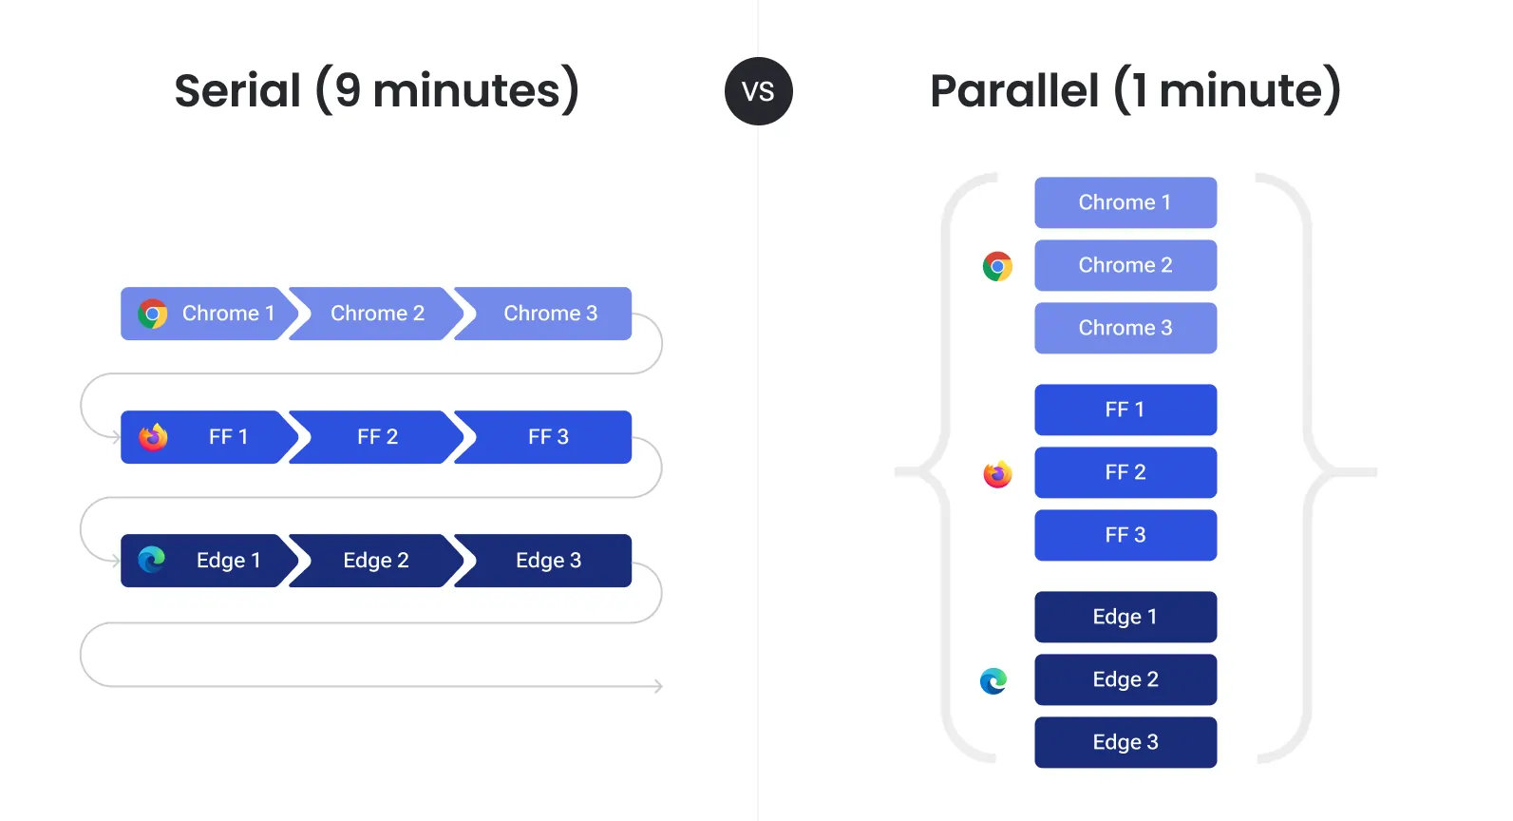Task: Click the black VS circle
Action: pyautogui.click(x=758, y=91)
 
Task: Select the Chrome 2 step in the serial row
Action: pyautogui.click(x=376, y=314)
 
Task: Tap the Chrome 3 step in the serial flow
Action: pyautogui.click(x=550, y=314)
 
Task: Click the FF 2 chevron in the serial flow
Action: pyautogui.click(x=376, y=437)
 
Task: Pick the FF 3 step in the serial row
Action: pyautogui.click(x=548, y=437)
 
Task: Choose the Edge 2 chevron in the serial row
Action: pyautogui.click(x=376, y=561)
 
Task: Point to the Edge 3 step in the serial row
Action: pyautogui.click(x=548, y=561)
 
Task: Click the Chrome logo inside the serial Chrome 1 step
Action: pyautogui.click(x=152, y=314)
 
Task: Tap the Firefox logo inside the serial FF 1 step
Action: pyautogui.click(x=153, y=437)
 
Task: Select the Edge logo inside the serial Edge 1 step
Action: pyautogui.click(x=152, y=560)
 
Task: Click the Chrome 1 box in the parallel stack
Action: pyautogui.click(x=1125, y=202)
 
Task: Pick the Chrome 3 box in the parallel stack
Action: pyautogui.click(x=1125, y=328)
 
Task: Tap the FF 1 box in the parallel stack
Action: pyautogui.click(x=1125, y=410)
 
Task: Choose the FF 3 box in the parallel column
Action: pyautogui.click(x=1125, y=535)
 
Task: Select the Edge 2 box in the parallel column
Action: pyautogui.click(x=1125, y=679)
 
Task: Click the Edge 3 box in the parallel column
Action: pyautogui.click(x=1125, y=742)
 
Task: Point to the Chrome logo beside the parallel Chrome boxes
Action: pyautogui.click(x=997, y=266)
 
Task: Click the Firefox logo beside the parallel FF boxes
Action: pyautogui.click(x=997, y=473)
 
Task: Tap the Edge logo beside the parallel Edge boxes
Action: pyautogui.click(x=993, y=680)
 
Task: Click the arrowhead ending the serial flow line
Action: pyautogui.click(x=658, y=686)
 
